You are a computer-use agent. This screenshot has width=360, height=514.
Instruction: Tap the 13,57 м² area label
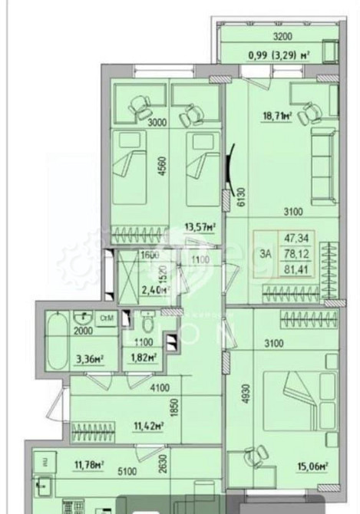point(197,226)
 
